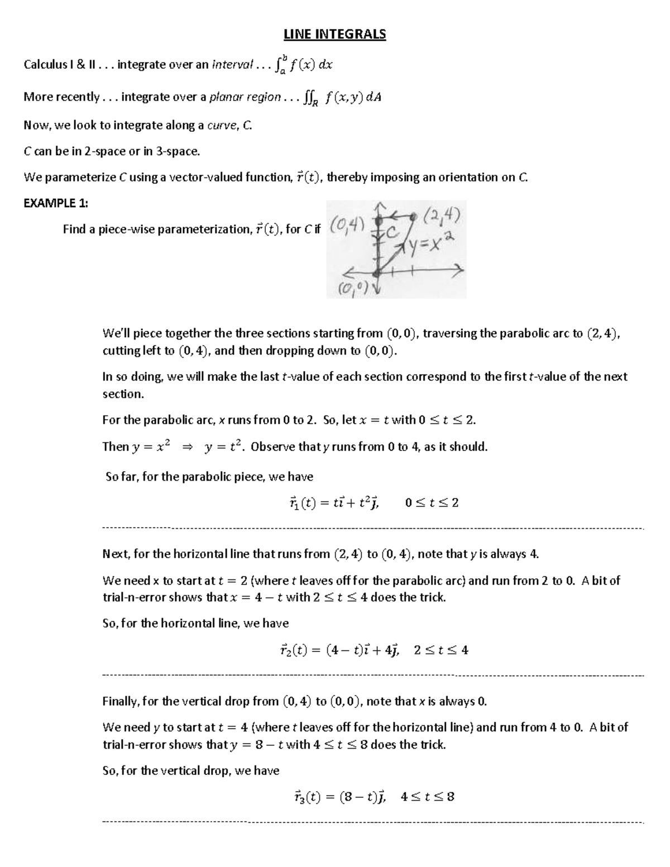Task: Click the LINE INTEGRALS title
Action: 334,35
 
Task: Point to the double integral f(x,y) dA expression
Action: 343,98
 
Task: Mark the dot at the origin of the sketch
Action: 377,272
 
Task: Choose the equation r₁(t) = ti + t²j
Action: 332,503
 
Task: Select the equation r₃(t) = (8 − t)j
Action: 333,797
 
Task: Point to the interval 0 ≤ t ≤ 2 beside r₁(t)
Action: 432,503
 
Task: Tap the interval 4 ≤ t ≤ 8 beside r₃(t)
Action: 428,797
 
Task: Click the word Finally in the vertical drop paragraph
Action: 121,701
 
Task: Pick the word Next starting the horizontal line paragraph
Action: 115,554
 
